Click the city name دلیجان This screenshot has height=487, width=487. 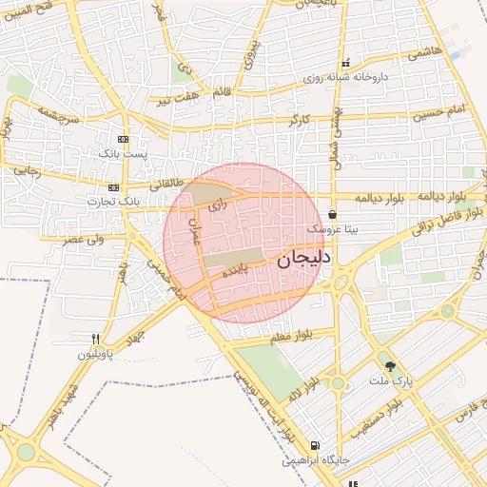pyautogui.click(x=304, y=258)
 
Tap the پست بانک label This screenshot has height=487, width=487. pyautogui.click(x=123, y=153)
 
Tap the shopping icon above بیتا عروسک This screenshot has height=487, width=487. pyautogui.click(x=331, y=214)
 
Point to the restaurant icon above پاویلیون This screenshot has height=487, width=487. pyautogui.click(x=96, y=339)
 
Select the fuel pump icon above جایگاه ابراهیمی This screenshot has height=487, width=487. pyautogui.click(x=315, y=445)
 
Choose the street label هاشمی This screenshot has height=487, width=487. pyautogui.click(x=425, y=55)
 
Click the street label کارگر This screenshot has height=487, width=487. pyautogui.click(x=304, y=120)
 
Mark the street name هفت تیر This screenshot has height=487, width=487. pyautogui.click(x=179, y=98)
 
